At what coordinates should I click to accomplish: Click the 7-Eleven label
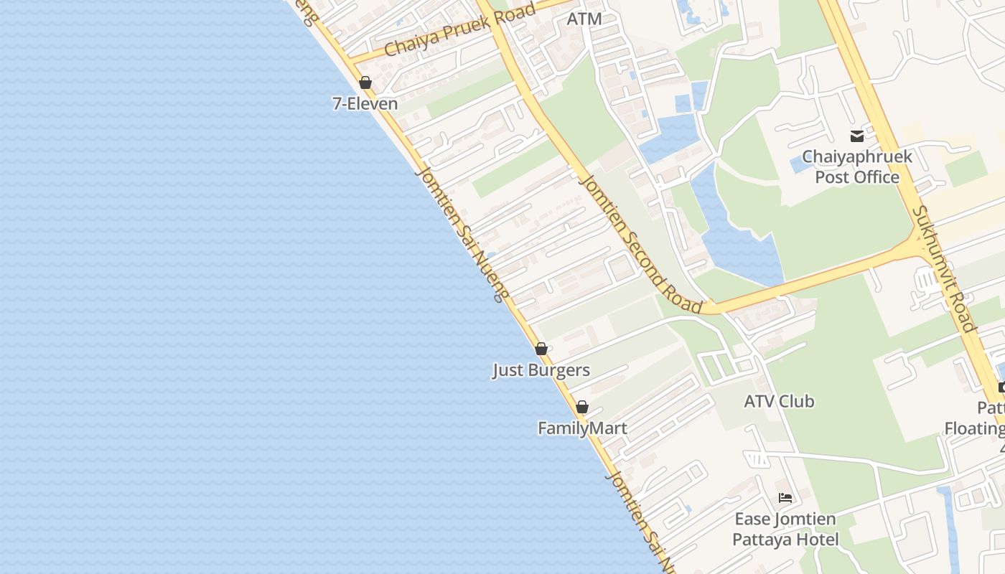pyautogui.click(x=365, y=103)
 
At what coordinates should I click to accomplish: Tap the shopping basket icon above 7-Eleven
pyautogui.click(x=365, y=83)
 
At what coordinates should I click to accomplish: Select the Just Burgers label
pyautogui.click(x=541, y=370)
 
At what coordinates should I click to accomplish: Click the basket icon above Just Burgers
pyautogui.click(x=541, y=349)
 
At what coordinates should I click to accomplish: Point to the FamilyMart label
pyautogui.click(x=582, y=428)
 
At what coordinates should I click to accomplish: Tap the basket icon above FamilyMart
pyautogui.click(x=582, y=407)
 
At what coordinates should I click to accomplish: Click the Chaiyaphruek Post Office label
pyautogui.click(x=857, y=166)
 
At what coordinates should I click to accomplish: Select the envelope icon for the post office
pyautogui.click(x=857, y=136)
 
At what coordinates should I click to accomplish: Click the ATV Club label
pyautogui.click(x=779, y=401)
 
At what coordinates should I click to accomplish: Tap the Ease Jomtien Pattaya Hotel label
pyautogui.click(x=785, y=529)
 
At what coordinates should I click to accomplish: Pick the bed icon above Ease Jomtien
pyautogui.click(x=785, y=497)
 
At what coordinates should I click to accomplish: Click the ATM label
pyautogui.click(x=584, y=19)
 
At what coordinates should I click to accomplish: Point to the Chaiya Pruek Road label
pyautogui.click(x=460, y=30)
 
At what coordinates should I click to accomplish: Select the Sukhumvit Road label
pyautogui.click(x=944, y=268)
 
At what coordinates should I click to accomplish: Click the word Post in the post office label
pyautogui.click(x=832, y=177)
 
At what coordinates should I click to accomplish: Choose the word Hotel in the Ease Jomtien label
pyautogui.click(x=816, y=539)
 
